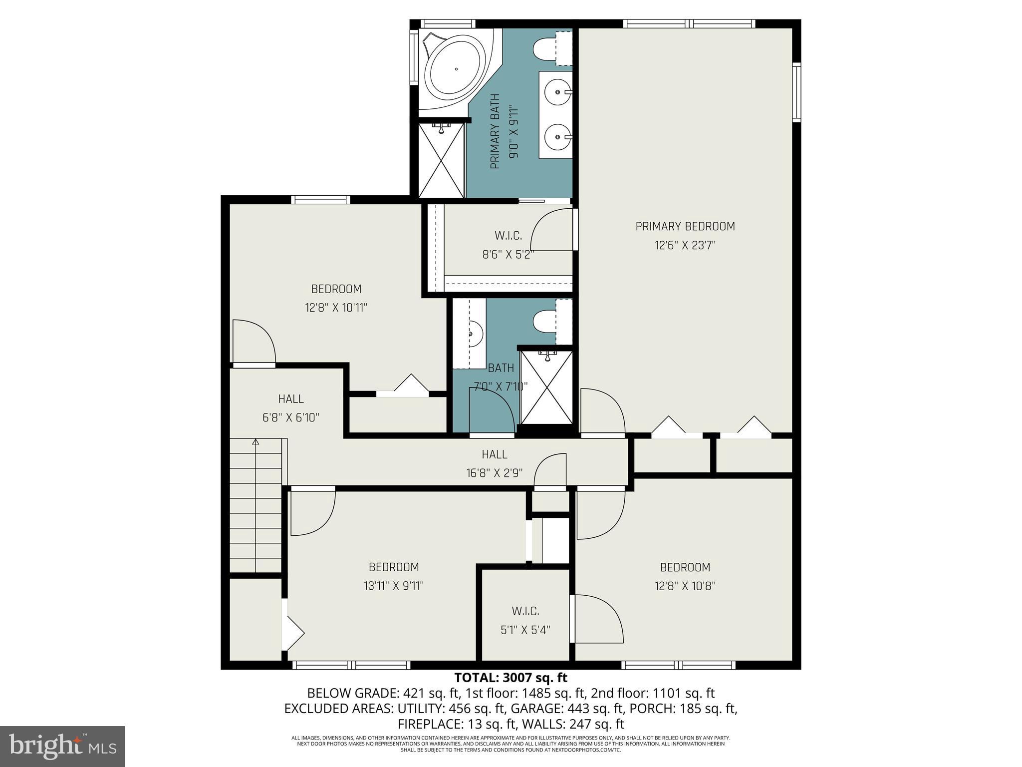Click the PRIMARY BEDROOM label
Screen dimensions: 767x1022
685,226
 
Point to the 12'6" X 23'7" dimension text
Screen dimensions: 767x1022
685,245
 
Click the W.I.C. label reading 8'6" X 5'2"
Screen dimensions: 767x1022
508,245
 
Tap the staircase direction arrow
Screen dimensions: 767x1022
255,442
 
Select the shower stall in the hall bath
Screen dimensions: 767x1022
547,387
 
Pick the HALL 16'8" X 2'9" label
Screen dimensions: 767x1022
495,463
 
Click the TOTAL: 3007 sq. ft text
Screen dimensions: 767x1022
511,678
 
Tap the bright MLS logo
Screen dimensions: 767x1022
62,746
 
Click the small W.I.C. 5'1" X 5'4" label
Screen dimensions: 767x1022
525,621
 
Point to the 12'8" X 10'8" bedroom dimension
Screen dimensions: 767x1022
685,586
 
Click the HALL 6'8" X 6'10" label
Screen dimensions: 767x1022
290,408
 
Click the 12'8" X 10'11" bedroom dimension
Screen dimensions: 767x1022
336,308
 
